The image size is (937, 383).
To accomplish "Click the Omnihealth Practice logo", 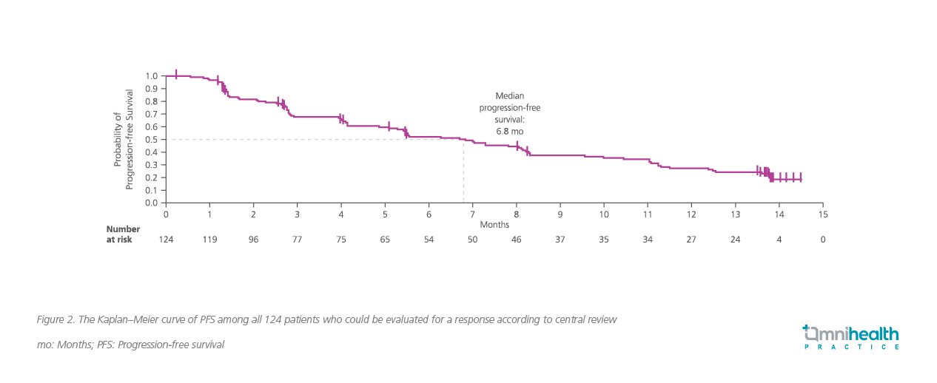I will pyautogui.click(x=851, y=336).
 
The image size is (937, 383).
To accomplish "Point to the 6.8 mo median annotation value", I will pyautogui.click(x=509, y=131).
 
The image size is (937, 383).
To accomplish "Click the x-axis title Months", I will pyautogui.click(x=494, y=224).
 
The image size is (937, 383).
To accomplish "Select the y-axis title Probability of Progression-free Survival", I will pyautogui.click(x=123, y=139).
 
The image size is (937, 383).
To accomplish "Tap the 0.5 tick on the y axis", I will pyautogui.click(x=152, y=139).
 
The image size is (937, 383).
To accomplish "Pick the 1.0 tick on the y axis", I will pyautogui.click(x=152, y=76).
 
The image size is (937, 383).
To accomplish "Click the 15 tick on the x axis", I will pyautogui.click(x=822, y=214).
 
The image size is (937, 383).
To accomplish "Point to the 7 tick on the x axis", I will pyautogui.click(x=472, y=214).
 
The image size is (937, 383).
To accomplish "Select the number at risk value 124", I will pyautogui.click(x=166, y=240).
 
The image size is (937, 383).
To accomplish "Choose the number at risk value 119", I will pyautogui.click(x=209, y=240).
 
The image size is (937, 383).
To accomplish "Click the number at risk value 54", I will pyautogui.click(x=429, y=240).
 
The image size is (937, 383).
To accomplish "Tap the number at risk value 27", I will pyautogui.click(x=691, y=240).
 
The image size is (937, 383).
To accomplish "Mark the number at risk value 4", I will pyautogui.click(x=779, y=240).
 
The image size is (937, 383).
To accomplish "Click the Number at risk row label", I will pyautogui.click(x=119, y=234).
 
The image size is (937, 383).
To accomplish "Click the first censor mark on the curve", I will pyautogui.click(x=176, y=74).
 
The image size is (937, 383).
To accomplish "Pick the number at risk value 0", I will pyautogui.click(x=822, y=240).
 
